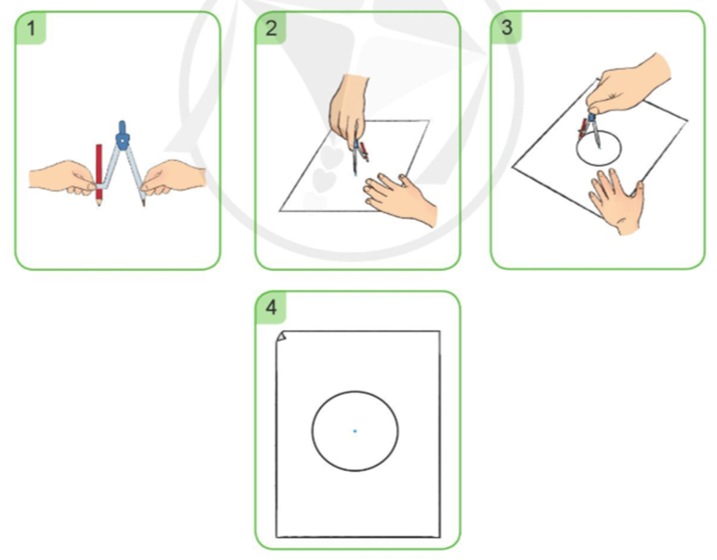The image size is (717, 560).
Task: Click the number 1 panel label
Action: click(x=31, y=28)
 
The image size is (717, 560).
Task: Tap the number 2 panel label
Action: click(x=271, y=28)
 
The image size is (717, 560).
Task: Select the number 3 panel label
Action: click(x=507, y=27)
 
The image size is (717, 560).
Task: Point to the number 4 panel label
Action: click(x=271, y=307)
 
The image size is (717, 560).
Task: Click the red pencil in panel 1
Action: click(x=99, y=175)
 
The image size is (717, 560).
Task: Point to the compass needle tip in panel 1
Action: click(x=144, y=205)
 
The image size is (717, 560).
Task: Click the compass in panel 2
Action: click(x=359, y=156)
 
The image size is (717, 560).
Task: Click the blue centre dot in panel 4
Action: click(x=355, y=431)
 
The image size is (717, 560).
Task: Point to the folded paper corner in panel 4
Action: click(x=281, y=336)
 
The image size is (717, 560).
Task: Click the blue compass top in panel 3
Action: click(x=591, y=117)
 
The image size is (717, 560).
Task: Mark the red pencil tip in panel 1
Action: click(x=99, y=203)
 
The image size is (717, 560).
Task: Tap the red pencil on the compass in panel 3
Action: click(x=583, y=128)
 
